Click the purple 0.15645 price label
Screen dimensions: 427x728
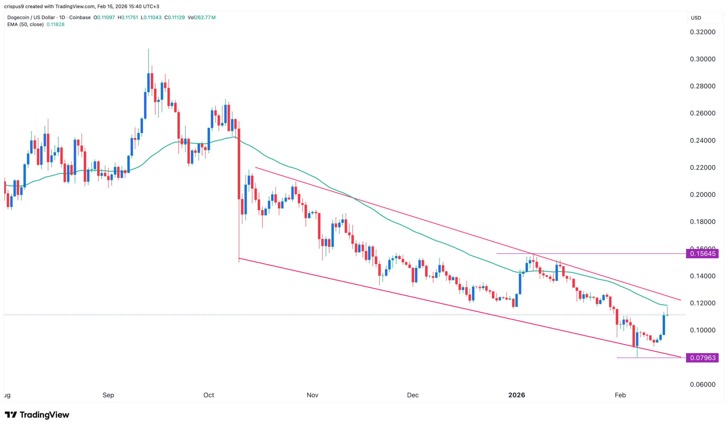tap(702, 254)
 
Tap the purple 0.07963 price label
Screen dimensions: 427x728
tap(702, 358)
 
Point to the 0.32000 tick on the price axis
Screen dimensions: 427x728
tap(702, 32)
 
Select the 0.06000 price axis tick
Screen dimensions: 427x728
tap(702, 384)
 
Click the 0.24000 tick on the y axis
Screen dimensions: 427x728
tap(702, 140)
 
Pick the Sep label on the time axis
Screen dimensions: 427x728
tap(108, 395)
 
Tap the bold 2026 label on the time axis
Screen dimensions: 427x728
tap(516, 395)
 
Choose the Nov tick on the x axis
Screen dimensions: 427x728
tap(312, 395)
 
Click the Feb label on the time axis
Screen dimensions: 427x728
tap(620, 395)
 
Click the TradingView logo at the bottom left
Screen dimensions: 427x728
tap(37, 415)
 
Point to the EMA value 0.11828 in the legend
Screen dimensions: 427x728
tap(55, 25)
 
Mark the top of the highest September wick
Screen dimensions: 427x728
tap(148, 49)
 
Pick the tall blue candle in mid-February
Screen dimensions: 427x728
tap(664, 325)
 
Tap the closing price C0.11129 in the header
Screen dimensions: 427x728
tap(175, 17)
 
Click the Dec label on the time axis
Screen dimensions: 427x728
tap(413, 395)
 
